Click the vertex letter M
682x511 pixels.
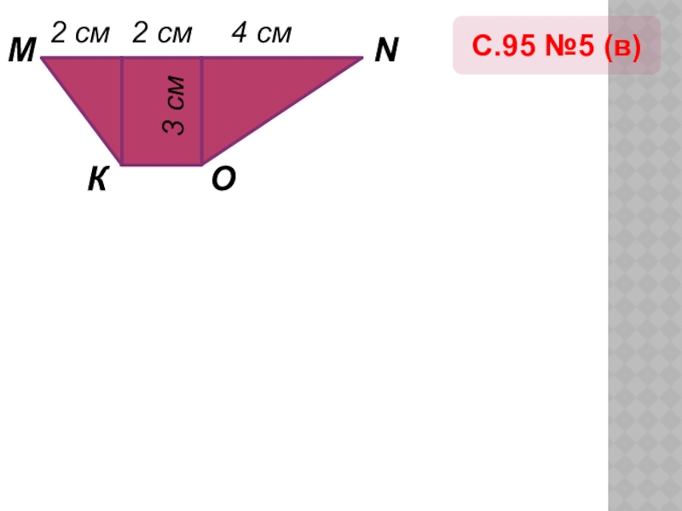pyautogui.click(x=21, y=52)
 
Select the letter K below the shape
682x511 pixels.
pyautogui.click(x=98, y=180)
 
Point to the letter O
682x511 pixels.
pyautogui.click(x=223, y=180)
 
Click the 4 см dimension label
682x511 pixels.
pyautogui.click(x=262, y=34)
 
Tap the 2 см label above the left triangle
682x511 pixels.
pyautogui.click(x=80, y=34)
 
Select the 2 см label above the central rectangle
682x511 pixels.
pyautogui.click(x=162, y=34)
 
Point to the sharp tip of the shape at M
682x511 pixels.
pyautogui.click(x=43, y=58)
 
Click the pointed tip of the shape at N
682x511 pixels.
pyautogui.click(x=362, y=58)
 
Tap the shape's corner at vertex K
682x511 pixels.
pyautogui.click(x=122, y=164)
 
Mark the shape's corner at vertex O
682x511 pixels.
pyautogui.click(x=201, y=164)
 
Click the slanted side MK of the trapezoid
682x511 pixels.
pyautogui.click(x=82, y=111)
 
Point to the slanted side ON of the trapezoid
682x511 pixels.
pyautogui.click(x=281, y=111)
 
